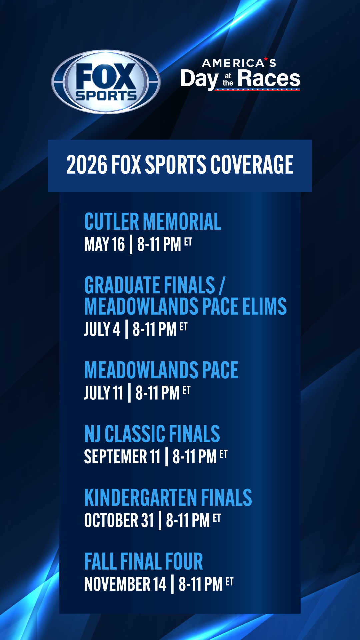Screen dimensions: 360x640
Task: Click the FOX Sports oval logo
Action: (106, 82)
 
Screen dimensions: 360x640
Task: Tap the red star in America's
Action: (266, 59)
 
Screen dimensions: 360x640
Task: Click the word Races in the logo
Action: (269, 79)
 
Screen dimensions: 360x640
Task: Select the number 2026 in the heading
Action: (87, 165)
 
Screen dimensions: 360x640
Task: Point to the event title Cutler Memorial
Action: (153, 222)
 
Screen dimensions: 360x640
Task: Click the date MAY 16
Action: (105, 244)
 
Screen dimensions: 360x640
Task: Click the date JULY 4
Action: (102, 329)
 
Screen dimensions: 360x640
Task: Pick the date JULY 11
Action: (104, 393)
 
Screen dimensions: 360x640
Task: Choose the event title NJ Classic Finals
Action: (152, 434)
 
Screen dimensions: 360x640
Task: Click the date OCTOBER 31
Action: (119, 520)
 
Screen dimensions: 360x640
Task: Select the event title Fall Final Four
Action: (144, 561)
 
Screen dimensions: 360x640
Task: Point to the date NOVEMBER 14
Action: (125, 584)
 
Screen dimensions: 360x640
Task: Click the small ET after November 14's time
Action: (229, 582)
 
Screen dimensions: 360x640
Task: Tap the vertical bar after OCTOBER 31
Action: (160, 520)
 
